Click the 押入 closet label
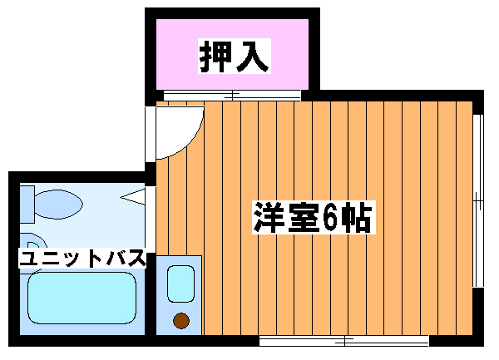tap(235, 55)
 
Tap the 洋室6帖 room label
tap(313, 218)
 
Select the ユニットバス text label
tap(83, 259)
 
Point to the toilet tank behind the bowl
tap(27, 203)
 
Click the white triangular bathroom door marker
tap(134, 196)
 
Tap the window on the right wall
tap(477, 200)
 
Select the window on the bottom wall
tap(343, 340)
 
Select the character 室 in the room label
tap(301, 218)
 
